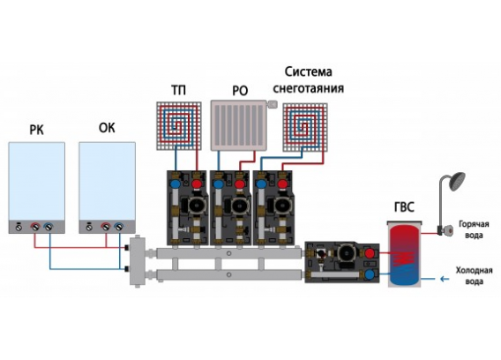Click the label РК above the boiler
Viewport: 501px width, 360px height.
[36, 130]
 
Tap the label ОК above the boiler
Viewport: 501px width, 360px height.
[107, 128]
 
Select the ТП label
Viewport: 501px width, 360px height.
[178, 91]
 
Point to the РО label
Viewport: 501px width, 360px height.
[240, 91]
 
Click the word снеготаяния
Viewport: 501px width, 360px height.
[309, 88]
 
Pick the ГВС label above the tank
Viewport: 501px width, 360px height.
[404, 208]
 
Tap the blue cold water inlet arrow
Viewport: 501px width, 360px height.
[445, 279]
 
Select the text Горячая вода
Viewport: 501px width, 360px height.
[474, 229]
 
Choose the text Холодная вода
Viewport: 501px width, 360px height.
[474, 276]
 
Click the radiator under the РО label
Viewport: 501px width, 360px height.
[238, 125]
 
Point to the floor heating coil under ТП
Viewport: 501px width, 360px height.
[179, 126]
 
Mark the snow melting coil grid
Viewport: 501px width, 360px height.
[305, 127]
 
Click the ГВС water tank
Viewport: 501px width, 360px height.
[405, 253]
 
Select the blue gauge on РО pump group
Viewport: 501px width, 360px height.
[219, 184]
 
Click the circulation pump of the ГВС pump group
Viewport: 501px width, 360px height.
[344, 251]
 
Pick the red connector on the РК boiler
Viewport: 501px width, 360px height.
[34, 227]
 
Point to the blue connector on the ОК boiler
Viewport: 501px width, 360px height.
[119, 227]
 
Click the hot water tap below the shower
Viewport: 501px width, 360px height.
[445, 229]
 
